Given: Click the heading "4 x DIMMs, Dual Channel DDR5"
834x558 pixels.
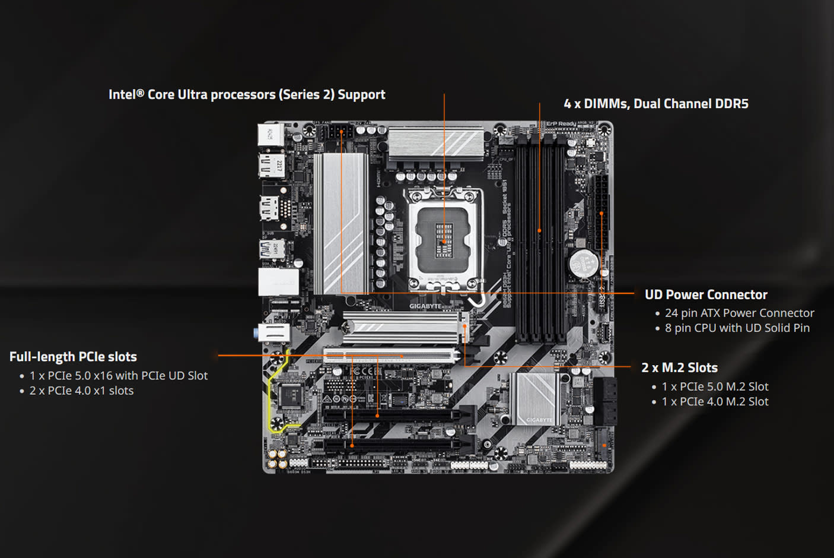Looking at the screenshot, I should tap(655, 104).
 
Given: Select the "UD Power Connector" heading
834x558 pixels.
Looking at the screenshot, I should tap(706, 295).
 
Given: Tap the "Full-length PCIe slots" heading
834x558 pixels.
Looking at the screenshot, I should tap(73, 357).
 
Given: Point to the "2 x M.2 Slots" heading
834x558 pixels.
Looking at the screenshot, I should tap(679, 368).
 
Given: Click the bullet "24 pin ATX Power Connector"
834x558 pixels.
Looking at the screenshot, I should tap(739, 313).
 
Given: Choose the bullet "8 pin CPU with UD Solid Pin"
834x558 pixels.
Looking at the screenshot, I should tap(737, 328).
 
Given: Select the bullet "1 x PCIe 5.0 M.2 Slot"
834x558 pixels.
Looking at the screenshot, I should tap(715, 386).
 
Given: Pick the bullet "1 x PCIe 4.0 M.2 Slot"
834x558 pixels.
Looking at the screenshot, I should tap(715, 402).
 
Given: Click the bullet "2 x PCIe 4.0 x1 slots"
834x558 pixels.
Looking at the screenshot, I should tap(81, 391).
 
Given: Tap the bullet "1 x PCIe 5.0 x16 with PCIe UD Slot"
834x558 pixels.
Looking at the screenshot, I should tap(119, 376).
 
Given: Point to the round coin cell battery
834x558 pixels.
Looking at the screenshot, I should tap(584, 262).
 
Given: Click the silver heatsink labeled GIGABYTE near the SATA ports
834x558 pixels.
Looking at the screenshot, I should tap(535, 398).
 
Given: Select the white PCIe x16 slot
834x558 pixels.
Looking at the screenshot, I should tap(391, 357).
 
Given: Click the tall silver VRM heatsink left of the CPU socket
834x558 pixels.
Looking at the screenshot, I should tap(340, 223).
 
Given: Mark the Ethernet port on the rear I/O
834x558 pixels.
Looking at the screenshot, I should tap(278, 281).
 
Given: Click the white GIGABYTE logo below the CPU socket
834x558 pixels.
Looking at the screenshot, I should tap(425, 306).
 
